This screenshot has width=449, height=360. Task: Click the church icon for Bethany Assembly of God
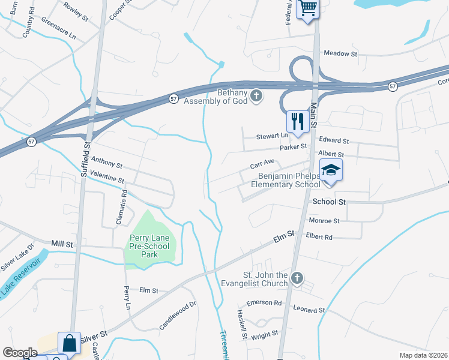[x=256, y=96]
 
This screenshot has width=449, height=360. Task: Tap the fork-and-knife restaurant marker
[x=297, y=121]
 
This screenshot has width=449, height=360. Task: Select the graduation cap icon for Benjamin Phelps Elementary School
[x=330, y=171]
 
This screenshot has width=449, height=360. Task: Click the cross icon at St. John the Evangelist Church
[x=297, y=278]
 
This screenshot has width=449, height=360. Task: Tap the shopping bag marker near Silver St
[x=69, y=344]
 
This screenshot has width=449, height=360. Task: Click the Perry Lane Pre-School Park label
[x=149, y=246]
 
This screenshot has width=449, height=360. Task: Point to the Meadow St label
[x=340, y=53]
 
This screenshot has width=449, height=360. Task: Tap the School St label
[x=330, y=202]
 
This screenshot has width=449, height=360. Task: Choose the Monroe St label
[x=324, y=221]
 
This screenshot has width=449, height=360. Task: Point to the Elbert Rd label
[x=319, y=237]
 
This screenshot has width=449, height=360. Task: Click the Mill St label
[x=62, y=244]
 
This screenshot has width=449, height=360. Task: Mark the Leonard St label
[x=309, y=310]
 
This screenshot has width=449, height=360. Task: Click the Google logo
[x=20, y=353]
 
